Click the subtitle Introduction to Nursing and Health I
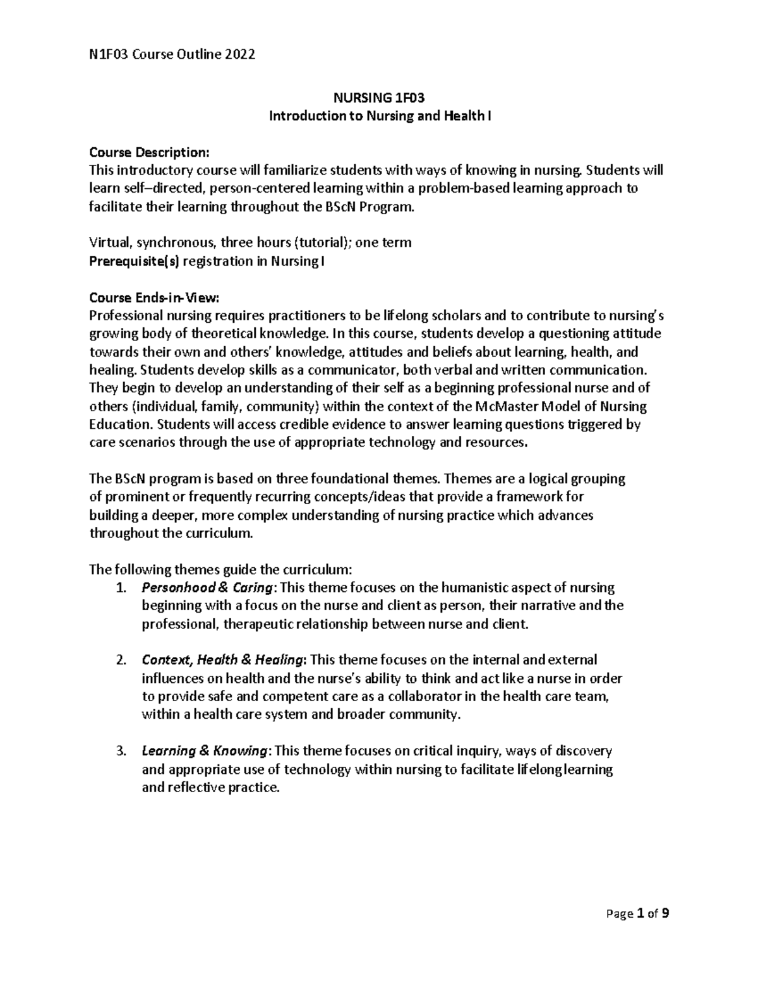379,116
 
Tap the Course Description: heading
148,152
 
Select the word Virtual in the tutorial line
109,243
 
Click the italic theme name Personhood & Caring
208,588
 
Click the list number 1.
121,588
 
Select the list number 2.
121,661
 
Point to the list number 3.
121,752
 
